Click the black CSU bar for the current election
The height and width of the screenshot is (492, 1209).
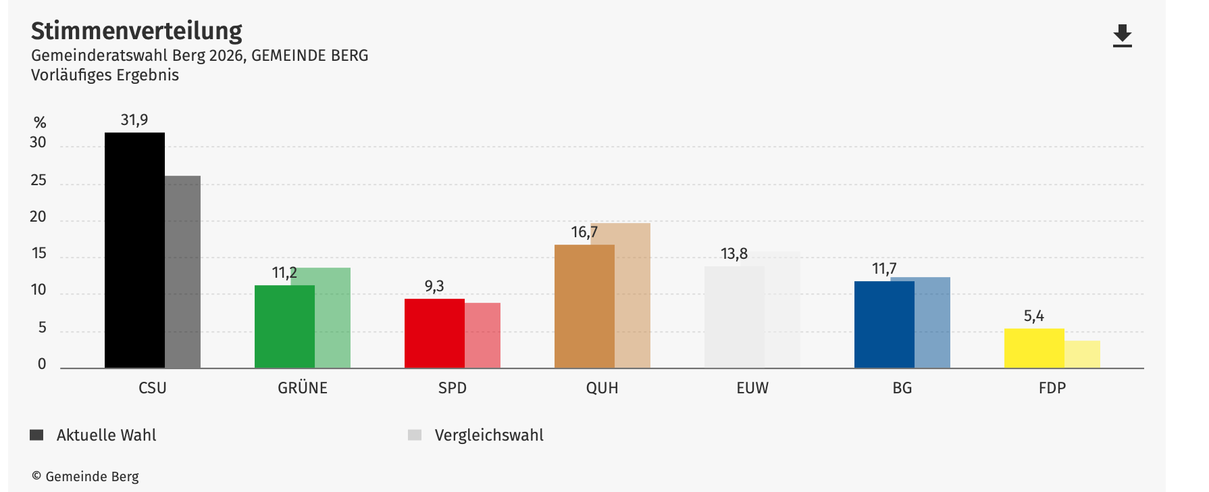point(134,250)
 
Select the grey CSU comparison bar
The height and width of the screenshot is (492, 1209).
point(183,272)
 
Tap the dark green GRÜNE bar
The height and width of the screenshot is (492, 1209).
point(284,326)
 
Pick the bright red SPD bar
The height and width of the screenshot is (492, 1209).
point(434,333)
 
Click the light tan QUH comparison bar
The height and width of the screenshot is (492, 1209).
point(633,295)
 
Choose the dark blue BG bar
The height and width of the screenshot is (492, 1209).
point(884,324)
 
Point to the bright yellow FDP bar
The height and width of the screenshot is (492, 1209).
point(1034,348)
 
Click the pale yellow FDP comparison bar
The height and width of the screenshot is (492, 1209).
point(1083,354)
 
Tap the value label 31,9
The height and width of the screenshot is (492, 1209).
point(134,120)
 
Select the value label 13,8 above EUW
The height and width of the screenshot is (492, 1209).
point(734,254)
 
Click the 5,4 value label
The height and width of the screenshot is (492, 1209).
point(1033,316)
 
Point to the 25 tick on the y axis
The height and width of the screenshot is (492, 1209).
point(38,180)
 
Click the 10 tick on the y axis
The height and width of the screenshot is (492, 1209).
point(38,291)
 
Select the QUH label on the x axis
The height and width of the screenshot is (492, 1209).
point(602,388)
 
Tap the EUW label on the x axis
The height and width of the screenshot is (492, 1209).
point(752,388)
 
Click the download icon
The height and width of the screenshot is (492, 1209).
point(1122,36)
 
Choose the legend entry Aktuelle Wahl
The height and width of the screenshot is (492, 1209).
point(106,435)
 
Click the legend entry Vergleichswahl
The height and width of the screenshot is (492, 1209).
point(488,435)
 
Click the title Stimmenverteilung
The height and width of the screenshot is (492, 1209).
point(136,31)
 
